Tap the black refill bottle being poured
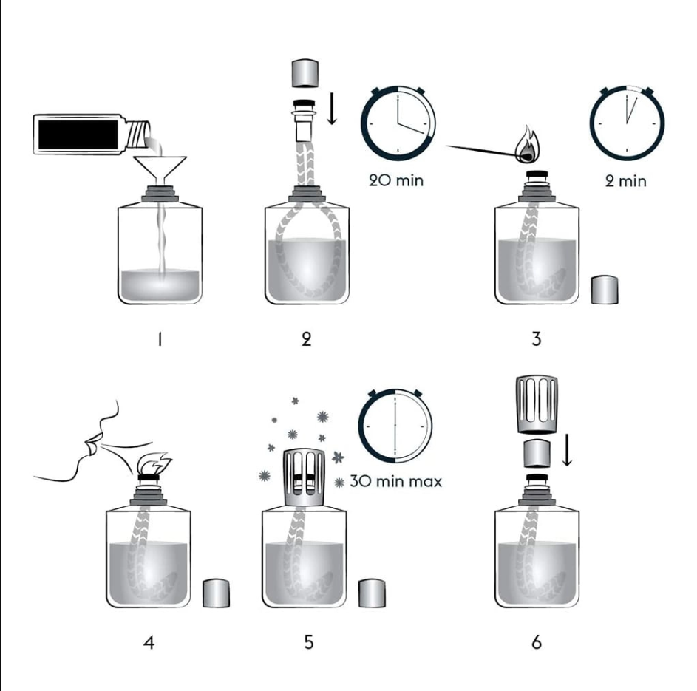91,134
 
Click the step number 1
160,339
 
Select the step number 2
306,339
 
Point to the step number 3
537,339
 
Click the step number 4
149,642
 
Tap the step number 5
309,642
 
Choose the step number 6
537,642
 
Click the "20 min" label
396,180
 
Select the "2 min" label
626,181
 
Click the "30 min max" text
396,481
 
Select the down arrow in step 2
332,109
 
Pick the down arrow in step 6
567,450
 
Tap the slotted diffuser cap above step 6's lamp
537,404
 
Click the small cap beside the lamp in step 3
605,290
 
